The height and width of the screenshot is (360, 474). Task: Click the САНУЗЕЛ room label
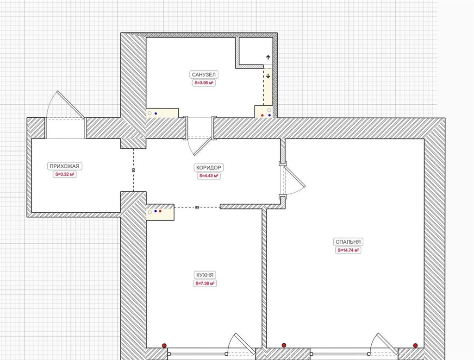[x=204, y=75]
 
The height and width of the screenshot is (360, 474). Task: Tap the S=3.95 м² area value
[x=204, y=83]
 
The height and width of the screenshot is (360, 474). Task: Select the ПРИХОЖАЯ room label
[x=64, y=166]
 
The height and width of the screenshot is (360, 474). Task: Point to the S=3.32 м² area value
[x=65, y=175]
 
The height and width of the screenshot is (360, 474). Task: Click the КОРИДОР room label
[x=209, y=168]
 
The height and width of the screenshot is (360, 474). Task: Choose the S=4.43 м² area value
[x=209, y=176]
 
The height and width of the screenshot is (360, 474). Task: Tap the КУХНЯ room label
[x=205, y=275]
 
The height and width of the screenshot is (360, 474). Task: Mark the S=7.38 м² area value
[x=205, y=284]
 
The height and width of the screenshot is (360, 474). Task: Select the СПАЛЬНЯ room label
[x=348, y=242]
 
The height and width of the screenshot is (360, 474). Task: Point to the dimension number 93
[x=134, y=171]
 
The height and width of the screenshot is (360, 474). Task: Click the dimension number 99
[x=197, y=208]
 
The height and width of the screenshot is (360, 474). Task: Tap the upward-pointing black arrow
[x=268, y=57]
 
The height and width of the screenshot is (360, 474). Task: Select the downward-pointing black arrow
[x=268, y=76]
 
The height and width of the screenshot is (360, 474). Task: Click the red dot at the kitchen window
[x=164, y=346]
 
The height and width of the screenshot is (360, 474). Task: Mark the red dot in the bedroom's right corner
[x=415, y=346]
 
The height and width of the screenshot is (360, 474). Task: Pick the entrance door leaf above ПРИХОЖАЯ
[x=71, y=105]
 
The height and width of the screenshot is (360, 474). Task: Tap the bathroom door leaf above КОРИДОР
[x=203, y=146]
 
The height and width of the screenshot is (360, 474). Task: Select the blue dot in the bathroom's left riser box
[x=156, y=114]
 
